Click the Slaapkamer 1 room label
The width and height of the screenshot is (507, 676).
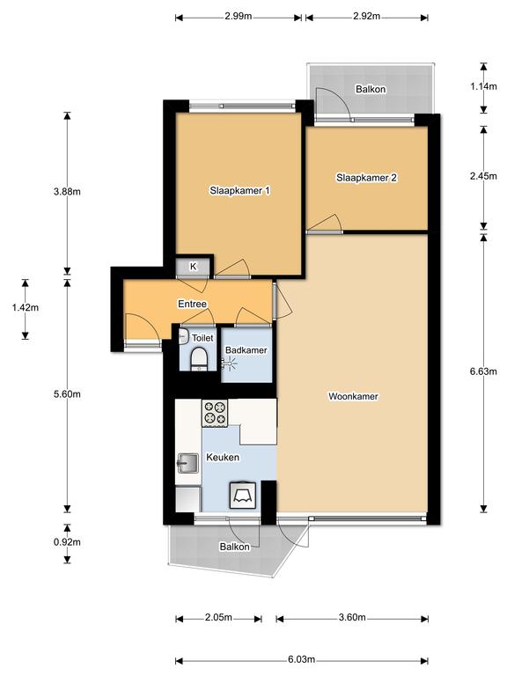point(239,190)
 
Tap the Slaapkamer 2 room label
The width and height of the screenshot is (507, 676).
point(366,178)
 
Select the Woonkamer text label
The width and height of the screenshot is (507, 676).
point(353,396)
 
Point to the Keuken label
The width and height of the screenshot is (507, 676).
point(220,459)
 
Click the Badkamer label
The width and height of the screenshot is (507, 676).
point(246,349)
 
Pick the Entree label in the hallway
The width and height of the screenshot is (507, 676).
point(192,305)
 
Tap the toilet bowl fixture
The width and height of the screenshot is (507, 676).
point(199,358)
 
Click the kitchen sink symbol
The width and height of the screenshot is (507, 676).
point(187,461)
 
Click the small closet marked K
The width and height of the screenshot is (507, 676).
point(194,267)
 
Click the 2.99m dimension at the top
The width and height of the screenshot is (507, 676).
point(238,17)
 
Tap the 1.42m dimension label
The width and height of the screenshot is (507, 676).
point(25,308)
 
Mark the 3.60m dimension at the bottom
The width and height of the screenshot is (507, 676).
point(352,618)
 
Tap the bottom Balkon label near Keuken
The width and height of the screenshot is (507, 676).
point(235,547)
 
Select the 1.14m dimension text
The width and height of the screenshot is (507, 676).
point(483,86)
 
